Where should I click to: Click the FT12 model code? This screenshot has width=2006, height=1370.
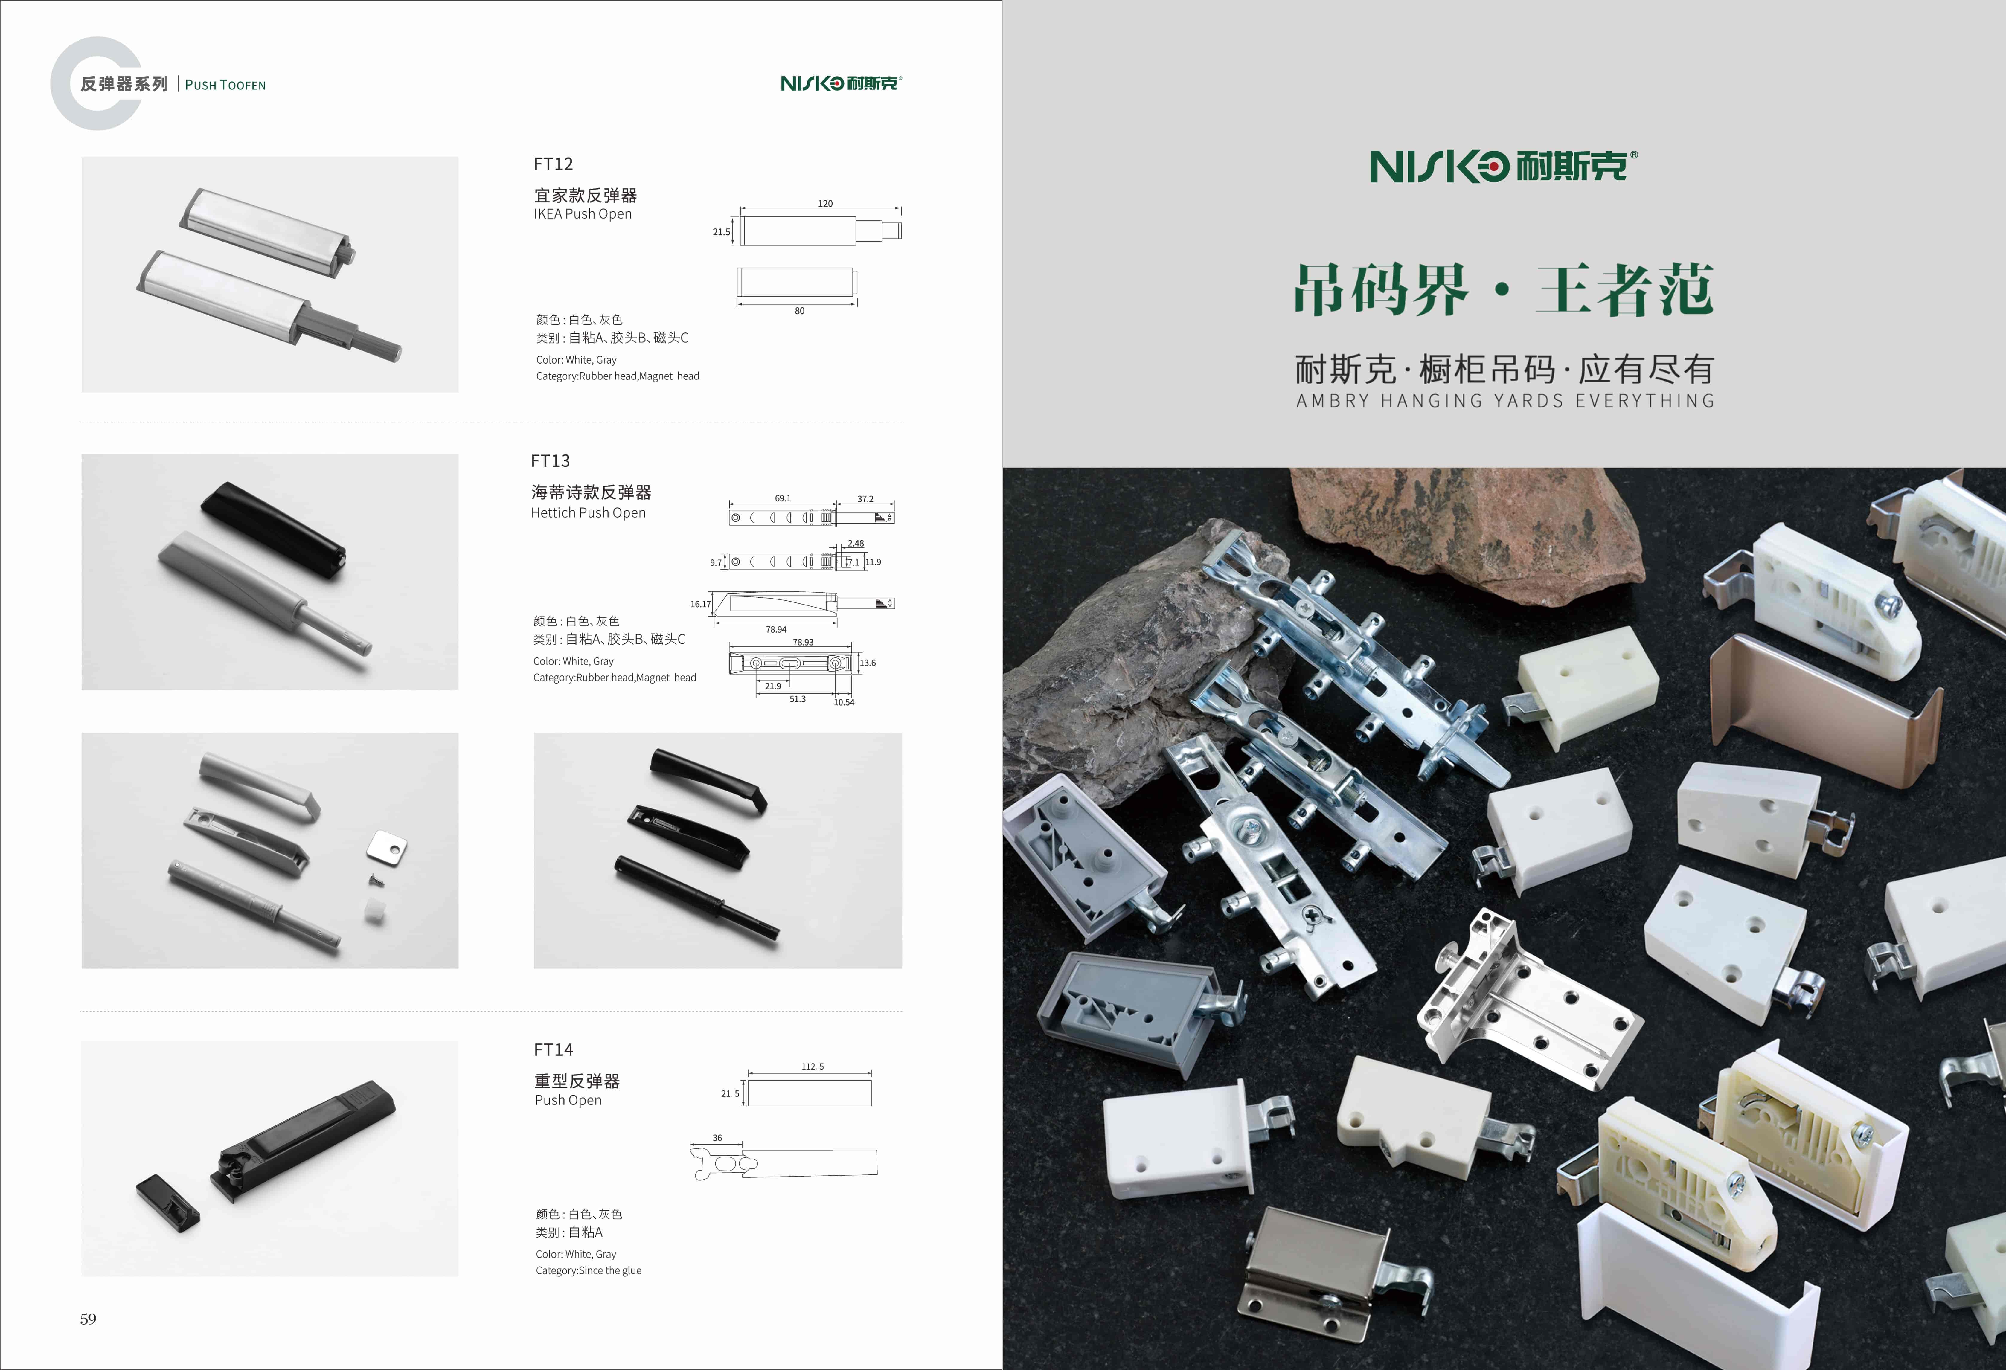553,164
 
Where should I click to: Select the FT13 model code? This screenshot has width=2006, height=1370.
551,461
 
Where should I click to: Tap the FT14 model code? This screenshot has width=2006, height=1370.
553,1050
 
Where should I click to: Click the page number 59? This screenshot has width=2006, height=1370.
88,1319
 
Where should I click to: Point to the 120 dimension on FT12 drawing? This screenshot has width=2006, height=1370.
825,204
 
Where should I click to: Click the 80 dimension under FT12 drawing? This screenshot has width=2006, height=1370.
799,311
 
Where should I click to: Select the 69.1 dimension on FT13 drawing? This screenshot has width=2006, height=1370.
783,498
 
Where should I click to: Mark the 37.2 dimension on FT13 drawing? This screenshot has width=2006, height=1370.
865,499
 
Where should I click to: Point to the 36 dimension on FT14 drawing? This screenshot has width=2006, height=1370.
717,1138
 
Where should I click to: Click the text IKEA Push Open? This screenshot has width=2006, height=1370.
583,214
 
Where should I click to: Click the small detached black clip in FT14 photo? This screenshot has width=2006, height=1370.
167,1202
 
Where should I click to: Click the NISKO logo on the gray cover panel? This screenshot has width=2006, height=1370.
1503,166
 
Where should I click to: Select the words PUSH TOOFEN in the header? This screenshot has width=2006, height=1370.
225,85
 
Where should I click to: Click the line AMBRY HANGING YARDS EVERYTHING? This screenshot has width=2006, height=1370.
1505,401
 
